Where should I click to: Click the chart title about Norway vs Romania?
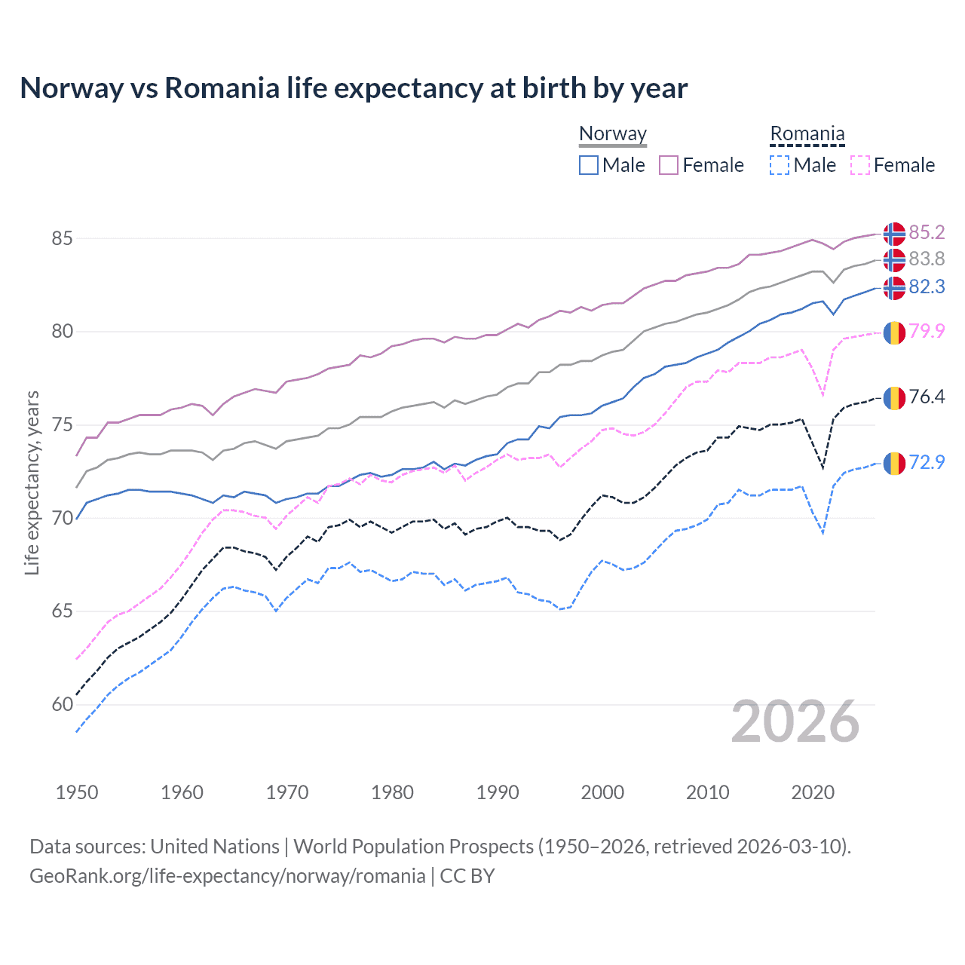pyautogui.click(x=354, y=88)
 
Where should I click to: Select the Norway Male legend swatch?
pyautogui.click(x=589, y=165)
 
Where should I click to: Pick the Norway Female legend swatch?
pyautogui.click(x=669, y=165)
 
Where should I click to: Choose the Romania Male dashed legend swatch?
pyautogui.click(x=780, y=165)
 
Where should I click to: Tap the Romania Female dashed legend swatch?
pyautogui.click(x=860, y=165)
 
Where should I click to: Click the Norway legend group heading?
pyautogui.click(x=613, y=134)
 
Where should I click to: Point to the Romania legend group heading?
pyautogui.click(x=807, y=134)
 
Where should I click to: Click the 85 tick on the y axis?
pyautogui.click(x=62, y=238)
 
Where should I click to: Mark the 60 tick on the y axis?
pyautogui.click(x=62, y=705)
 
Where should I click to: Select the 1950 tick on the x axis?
pyautogui.click(x=77, y=792)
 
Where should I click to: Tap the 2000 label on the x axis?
pyautogui.click(x=602, y=792)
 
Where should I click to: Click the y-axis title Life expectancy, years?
pyautogui.click(x=32, y=482)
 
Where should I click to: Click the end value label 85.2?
pyautogui.click(x=927, y=232)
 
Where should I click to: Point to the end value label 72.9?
pyautogui.click(x=927, y=462)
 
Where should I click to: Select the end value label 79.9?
pyautogui.click(x=927, y=331)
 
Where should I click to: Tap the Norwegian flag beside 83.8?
pyautogui.click(x=894, y=260)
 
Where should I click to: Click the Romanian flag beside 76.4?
pyautogui.click(x=894, y=397)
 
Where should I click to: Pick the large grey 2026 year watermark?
pyautogui.click(x=795, y=721)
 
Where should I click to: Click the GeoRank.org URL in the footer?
pyautogui.click(x=227, y=876)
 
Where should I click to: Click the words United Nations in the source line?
pyautogui.click(x=215, y=847)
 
